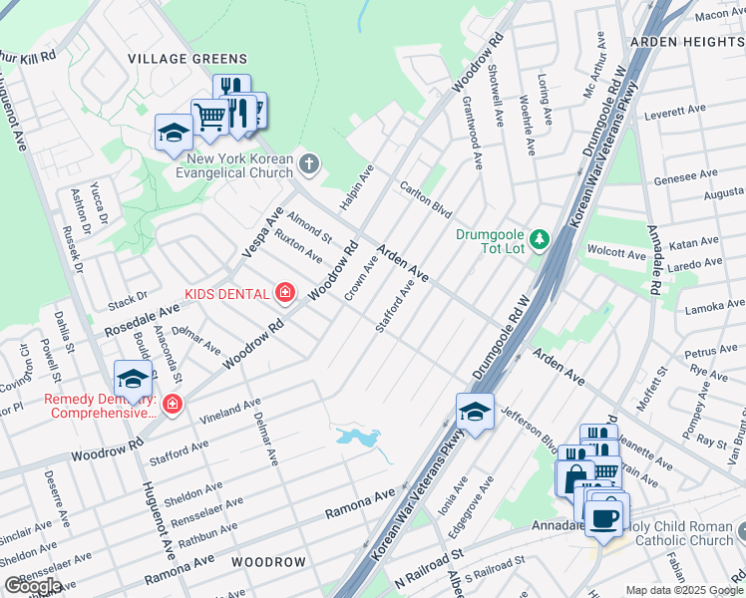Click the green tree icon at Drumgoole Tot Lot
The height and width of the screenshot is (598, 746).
coord(540,239)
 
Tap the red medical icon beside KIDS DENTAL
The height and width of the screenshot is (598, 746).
coord(285,292)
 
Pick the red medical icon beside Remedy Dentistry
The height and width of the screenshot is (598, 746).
coord(173,404)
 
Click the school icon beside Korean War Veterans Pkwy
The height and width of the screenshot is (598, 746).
coord(475,411)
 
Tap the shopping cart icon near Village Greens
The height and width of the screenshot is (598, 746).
coord(209,117)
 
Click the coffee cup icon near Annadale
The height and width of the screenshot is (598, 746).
coord(605,516)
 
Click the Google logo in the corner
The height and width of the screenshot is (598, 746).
coord(33,585)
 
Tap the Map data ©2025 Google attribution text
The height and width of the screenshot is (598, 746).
coord(685,590)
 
